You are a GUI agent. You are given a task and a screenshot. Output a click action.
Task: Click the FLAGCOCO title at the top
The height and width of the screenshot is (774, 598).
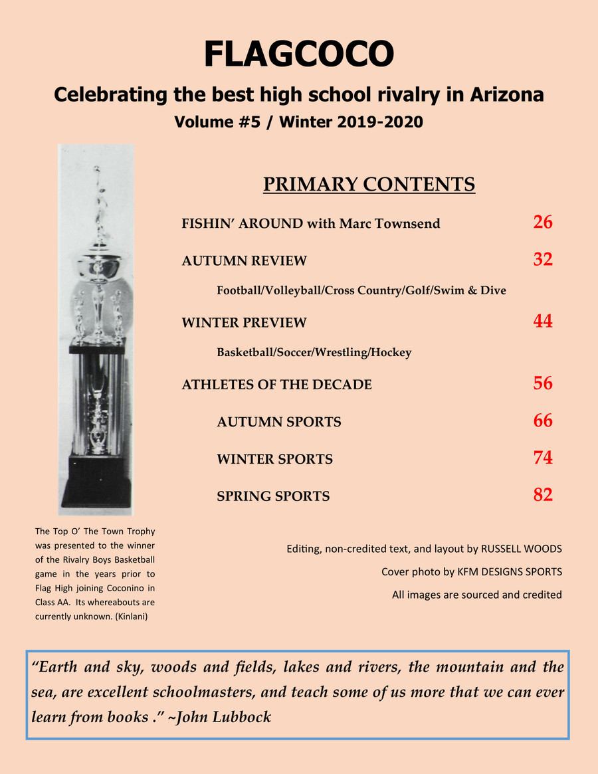tap(298, 54)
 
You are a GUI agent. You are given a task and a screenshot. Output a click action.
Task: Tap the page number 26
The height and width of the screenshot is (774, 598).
tap(542, 222)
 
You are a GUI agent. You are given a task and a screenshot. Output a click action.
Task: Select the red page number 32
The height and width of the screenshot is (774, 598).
tap(542, 260)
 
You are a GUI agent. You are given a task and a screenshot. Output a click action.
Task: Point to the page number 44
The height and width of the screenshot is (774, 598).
tap(542, 322)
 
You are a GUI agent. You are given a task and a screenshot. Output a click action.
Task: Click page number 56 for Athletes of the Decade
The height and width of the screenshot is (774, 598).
tap(542, 383)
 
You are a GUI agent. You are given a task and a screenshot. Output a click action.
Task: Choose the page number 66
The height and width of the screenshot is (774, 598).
tap(542, 421)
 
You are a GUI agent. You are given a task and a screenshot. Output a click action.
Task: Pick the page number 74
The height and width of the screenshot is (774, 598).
tap(542, 458)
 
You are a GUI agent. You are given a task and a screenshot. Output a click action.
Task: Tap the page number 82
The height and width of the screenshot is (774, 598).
tap(542, 495)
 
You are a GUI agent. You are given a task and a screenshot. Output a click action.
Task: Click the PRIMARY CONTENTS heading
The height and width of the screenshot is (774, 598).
tap(369, 184)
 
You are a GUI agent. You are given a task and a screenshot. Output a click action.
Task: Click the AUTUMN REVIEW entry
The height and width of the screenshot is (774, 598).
tap(244, 261)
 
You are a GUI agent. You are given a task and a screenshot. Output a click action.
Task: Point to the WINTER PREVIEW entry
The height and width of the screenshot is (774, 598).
tap(244, 323)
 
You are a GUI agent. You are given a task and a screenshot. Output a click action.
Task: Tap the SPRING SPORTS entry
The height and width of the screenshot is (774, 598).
tap(273, 496)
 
